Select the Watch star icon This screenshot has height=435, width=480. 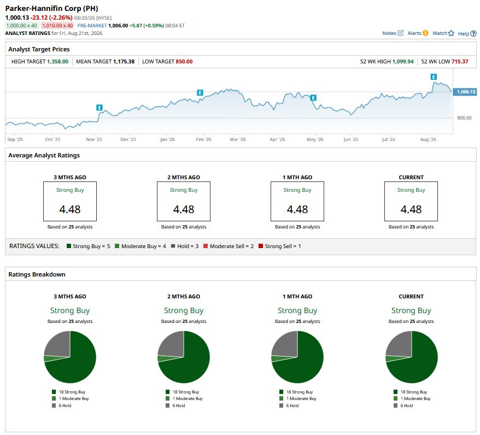click(451, 33)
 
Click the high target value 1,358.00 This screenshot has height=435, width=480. click(57, 62)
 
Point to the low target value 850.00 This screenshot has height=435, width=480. click(184, 62)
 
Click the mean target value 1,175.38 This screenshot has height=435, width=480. click(124, 62)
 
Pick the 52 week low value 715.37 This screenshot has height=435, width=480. click(459, 62)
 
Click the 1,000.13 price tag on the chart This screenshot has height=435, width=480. click(465, 92)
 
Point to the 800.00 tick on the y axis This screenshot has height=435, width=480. click(464, 118)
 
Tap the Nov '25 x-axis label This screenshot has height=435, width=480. click(94, 139)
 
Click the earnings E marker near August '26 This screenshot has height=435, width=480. click(434, 77)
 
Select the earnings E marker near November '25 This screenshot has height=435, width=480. click(99, 107)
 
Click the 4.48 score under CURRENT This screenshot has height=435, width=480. click(411, 209)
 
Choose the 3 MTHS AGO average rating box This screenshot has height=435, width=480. click(70, 201)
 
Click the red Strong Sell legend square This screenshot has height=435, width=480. click(261, 246)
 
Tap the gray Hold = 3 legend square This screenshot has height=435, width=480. click(173, 246)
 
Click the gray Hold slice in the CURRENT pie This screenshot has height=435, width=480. click(400, 344)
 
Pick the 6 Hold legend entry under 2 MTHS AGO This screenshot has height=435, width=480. click(175, 405)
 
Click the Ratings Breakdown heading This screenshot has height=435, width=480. click(37, 274)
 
